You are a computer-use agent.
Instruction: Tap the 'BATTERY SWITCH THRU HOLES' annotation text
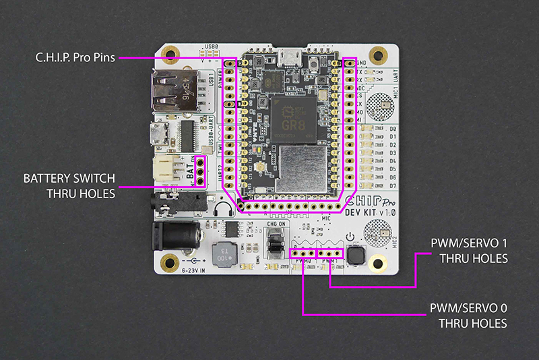[x=69, y=186]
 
